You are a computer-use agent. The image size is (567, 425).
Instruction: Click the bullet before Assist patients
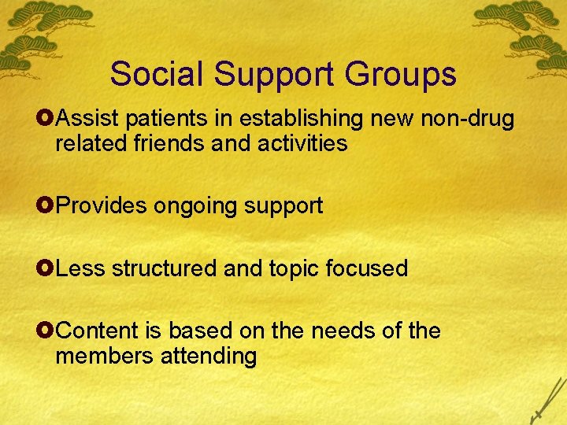point(47,120)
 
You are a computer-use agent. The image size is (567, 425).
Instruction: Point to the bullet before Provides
point(47,206)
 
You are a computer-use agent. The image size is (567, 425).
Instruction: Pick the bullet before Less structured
point(47,269)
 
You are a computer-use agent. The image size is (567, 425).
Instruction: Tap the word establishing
point(302,120)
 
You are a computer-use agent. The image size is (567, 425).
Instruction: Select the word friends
point(180,144)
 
